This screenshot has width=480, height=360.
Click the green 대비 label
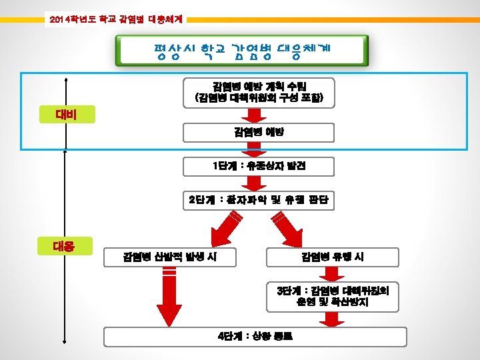pyautogui.click(x=66, y=115)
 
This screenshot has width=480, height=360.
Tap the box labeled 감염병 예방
pyautogui.click(x=259, y=132)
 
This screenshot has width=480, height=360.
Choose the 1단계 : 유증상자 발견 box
pyautogui.click(x=259, y=165)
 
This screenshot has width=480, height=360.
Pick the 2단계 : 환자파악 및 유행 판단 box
pyautogui.click(x=259, y=200)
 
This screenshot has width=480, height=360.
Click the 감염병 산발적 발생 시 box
pyautogui.click(x=169, y=257)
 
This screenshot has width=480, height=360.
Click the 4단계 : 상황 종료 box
pyautogui.click(x=259, y=336)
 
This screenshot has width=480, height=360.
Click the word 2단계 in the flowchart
pyautogui.click(x=198, y=200)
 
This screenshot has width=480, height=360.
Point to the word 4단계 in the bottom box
pyautogui.click(x=229, y=336)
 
